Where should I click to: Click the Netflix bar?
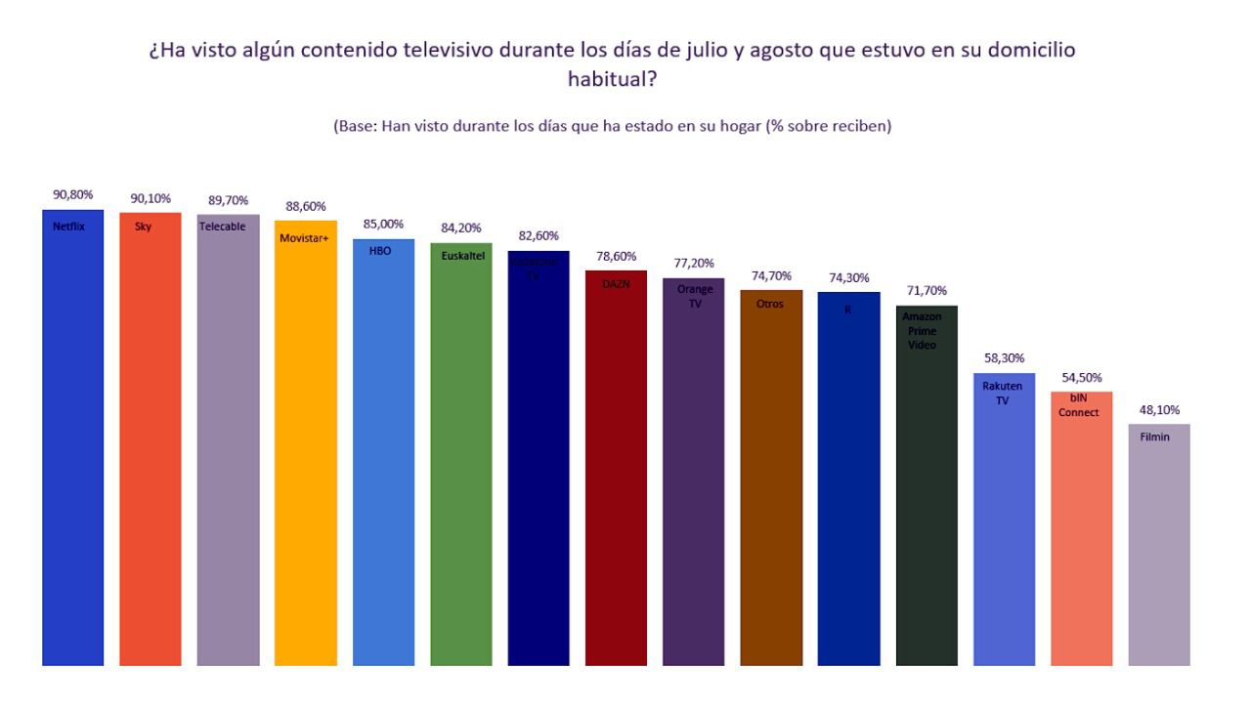coord(72,439)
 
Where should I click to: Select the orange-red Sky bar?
coord(151,439)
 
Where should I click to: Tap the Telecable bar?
coord(228,439)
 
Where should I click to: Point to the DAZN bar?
coord(616,469)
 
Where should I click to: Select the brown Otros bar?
coord(771,478)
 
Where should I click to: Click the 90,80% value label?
coord(73,194)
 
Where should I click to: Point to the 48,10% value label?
coord(1159,410)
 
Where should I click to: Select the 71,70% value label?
coord(927,291)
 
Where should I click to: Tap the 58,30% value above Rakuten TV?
coord(1004,358)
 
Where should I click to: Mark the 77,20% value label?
coord(694,264)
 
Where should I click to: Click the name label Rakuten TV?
coord(1003,394)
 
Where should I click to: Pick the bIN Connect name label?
coord(1079,406)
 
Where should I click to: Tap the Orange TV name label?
coord(694,296)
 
